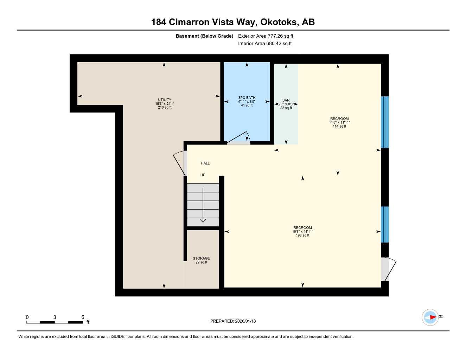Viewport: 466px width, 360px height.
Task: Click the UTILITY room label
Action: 164,100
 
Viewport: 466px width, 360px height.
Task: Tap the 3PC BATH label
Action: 247,98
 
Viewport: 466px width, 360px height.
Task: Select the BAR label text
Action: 286,100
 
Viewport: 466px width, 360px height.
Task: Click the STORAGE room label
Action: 201,258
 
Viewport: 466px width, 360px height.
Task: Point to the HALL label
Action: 205,163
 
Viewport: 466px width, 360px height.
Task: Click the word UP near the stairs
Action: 203,175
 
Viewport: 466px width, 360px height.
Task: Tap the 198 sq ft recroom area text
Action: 302,236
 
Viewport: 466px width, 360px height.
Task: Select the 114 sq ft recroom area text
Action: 339,127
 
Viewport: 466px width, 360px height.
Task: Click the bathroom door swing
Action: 239,139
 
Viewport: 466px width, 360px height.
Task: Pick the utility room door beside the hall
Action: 180,162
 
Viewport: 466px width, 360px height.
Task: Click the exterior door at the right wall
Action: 388,269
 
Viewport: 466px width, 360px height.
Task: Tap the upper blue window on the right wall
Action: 385,122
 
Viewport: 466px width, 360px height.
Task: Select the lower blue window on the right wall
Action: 385,224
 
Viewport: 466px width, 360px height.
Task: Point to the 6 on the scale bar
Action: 83,317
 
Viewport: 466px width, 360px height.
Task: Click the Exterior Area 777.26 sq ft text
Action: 266,36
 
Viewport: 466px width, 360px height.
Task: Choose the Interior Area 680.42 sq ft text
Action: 265,44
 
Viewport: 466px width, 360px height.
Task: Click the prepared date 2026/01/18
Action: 245,321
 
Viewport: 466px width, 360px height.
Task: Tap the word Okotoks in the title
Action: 279,22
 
